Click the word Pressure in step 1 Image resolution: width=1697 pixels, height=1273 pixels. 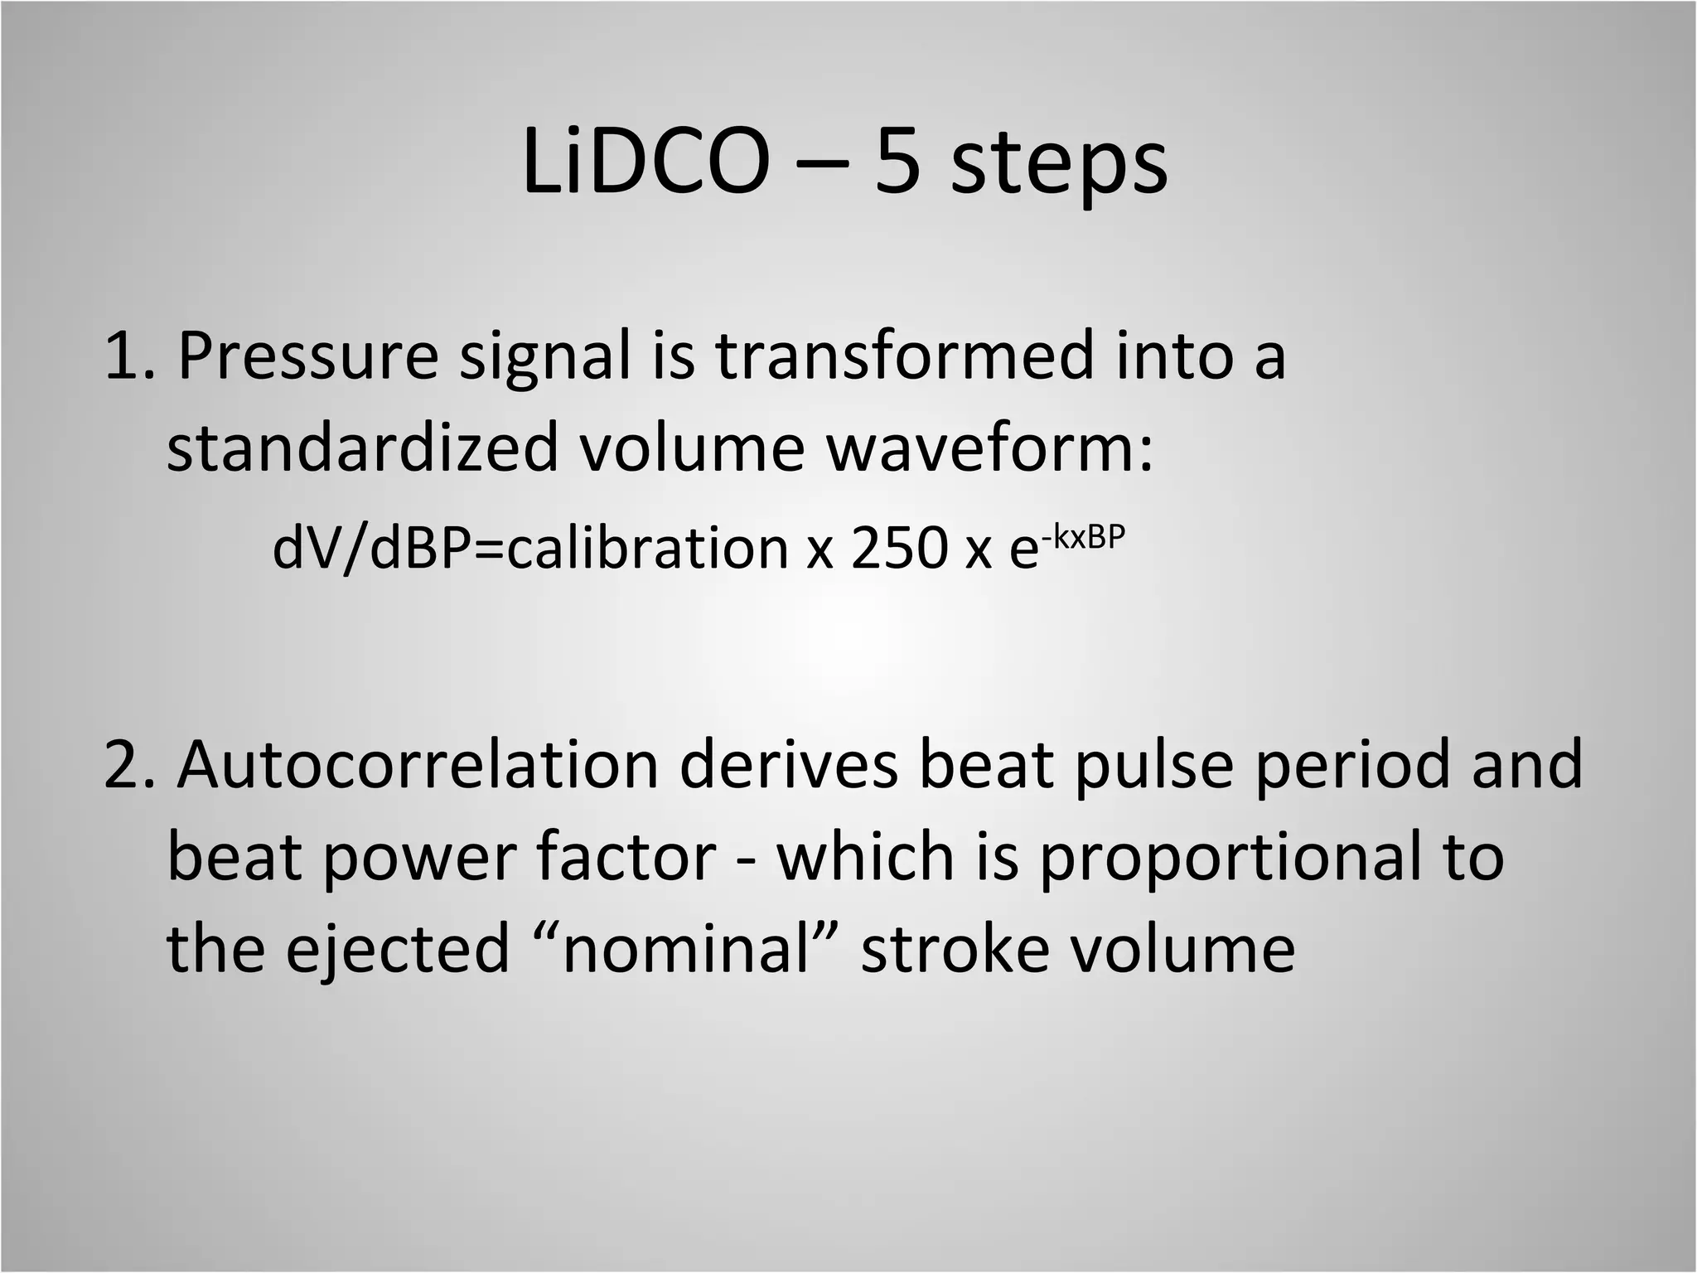click(x=307, y=356)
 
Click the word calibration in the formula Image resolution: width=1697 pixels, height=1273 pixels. click(x=647, y=549)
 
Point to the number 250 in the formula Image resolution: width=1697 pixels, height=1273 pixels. click(x=898, y=549)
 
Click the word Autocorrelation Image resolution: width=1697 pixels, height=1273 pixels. click(x=418, y=764)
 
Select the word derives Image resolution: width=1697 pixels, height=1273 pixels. click(x=789, y=764)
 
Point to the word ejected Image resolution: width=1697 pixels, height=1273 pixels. click(x=397, y=950)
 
